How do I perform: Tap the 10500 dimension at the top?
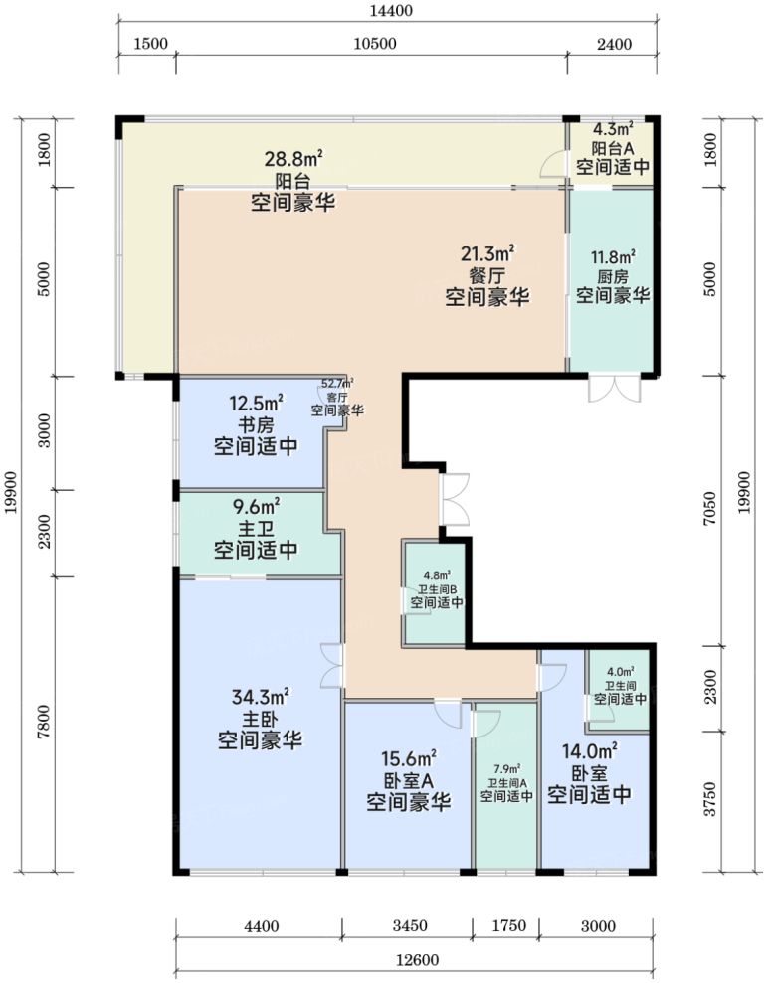(375, 44)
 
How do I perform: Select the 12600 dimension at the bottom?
(418, 960)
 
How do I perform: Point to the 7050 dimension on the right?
(710, 509)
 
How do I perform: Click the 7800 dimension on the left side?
(44, 722)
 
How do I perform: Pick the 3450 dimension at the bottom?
(410, 926)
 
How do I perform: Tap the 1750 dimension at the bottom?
(508, 926)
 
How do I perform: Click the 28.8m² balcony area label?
(293, 159)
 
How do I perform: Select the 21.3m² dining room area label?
(487, 254)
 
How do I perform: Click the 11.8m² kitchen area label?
(613, 257)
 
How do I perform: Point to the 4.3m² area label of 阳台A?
(613, 130)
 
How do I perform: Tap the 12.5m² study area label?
(256, 404)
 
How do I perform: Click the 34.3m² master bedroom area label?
(261, 697)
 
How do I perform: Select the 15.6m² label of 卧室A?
(409, 759)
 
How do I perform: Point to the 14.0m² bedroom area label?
(589, 751)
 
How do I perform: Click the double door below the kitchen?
(615, 388)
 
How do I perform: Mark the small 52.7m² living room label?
(337, 383)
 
